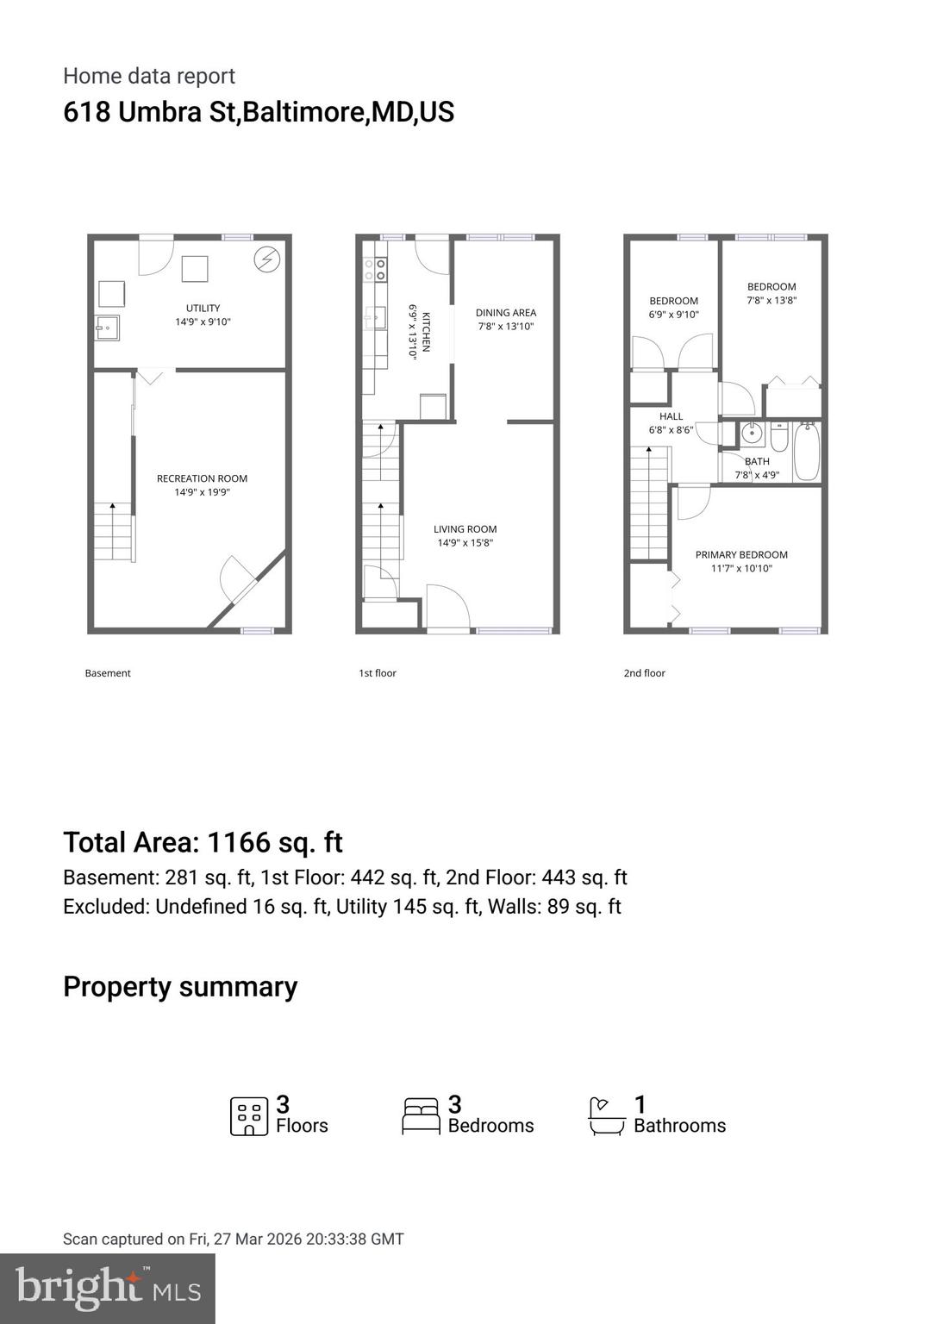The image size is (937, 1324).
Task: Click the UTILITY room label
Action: click(203, 308)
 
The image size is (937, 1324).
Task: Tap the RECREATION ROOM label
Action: click(202, 478)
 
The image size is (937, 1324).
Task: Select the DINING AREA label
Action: click(506, 313)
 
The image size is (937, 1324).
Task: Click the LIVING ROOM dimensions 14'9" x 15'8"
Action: click(465, 543)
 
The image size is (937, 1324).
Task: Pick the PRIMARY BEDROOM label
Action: click(741, 555)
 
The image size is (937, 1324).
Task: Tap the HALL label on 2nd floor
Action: click(671, 416)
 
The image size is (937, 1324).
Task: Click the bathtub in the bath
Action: click(807, 450)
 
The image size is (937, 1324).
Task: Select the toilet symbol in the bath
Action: click(779, 439)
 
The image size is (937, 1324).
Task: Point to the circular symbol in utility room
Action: click(267, 259)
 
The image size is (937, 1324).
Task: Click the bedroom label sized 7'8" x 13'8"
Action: click(771, 287)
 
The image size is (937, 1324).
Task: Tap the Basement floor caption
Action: click(108, 673)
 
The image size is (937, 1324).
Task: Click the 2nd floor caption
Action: click(645, 673)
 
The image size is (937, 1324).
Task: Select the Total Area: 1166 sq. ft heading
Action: click(203, 842)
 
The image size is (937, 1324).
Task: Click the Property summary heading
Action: click(180, 987)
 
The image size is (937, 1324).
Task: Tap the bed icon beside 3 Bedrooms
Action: click(422, 1115)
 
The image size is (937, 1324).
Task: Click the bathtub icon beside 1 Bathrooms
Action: click(606, 1116)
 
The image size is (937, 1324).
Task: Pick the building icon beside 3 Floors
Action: click(248, 1116)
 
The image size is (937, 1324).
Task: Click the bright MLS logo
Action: click(107, 1288)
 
